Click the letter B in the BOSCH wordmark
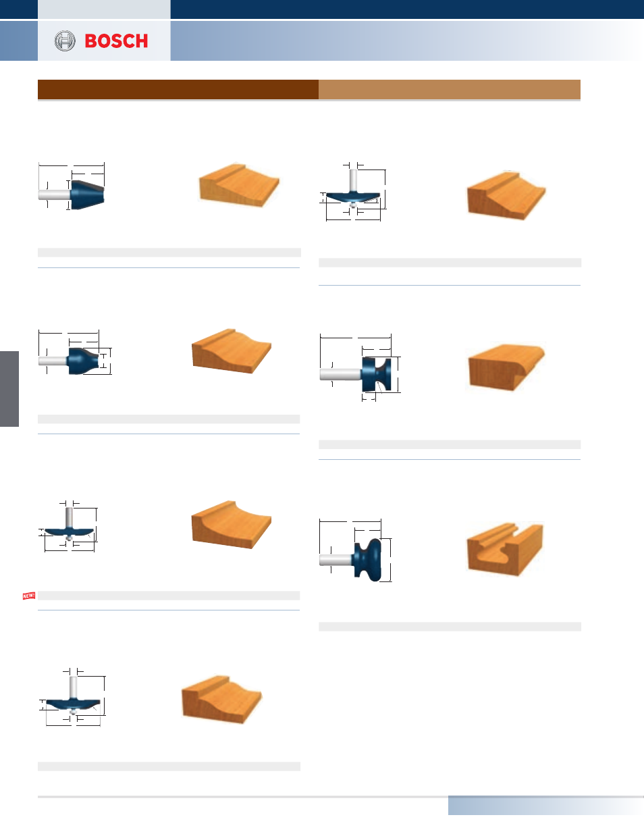click(x=90, y=41)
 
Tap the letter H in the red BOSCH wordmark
click(x=142, y=41)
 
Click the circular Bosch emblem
click(x=65, y=41)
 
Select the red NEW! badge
click(x=29, y=596)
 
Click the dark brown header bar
click(x=178, y=89)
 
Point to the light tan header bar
click(x=449, y=89)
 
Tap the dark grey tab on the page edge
click(x=9, y=389)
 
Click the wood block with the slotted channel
click(x=505, y=549)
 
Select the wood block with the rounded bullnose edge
click(x=506, y=367)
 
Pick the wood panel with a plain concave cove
click(x=232, y=524)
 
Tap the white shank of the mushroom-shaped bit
click(x=336, y=560)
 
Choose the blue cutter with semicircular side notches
click(x=377, y=375)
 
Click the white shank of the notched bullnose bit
click(x=341, y=374)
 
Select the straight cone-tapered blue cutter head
click(x=88, y=195)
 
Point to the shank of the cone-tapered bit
click(x=55, y=194)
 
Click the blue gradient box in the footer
click(x=546, y=805)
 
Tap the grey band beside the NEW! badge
click(x=169, y=596)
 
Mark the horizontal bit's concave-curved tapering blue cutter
click(x=83, y=361)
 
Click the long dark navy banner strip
click(x=407, y=9)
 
